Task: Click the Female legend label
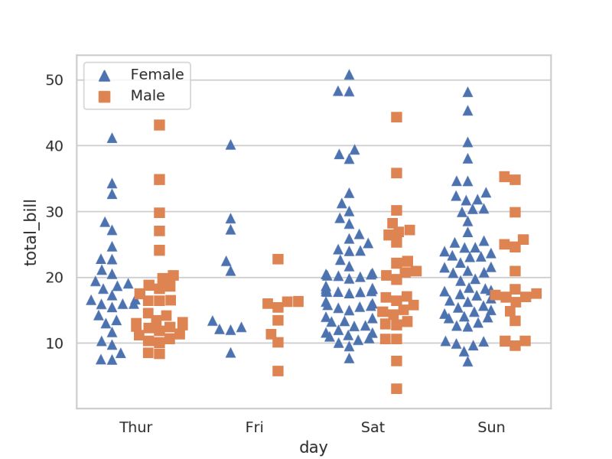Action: tap(157, 74)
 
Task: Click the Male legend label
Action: tap(148, 96)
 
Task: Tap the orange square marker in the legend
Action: tap(105, 96)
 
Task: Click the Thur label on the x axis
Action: tap(135, 427)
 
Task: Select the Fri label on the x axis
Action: tap(254, 427)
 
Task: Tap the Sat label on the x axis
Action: tap(373, 427)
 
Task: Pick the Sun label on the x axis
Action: tap(491, 427)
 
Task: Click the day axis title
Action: tap(314, 448)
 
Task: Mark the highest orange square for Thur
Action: tap(159, 125)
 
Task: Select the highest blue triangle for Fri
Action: tap(230, 145)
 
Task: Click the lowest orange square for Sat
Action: tap(396, 389)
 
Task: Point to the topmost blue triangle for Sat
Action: tap(349, 75)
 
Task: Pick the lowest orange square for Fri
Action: tap(278, 371)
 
